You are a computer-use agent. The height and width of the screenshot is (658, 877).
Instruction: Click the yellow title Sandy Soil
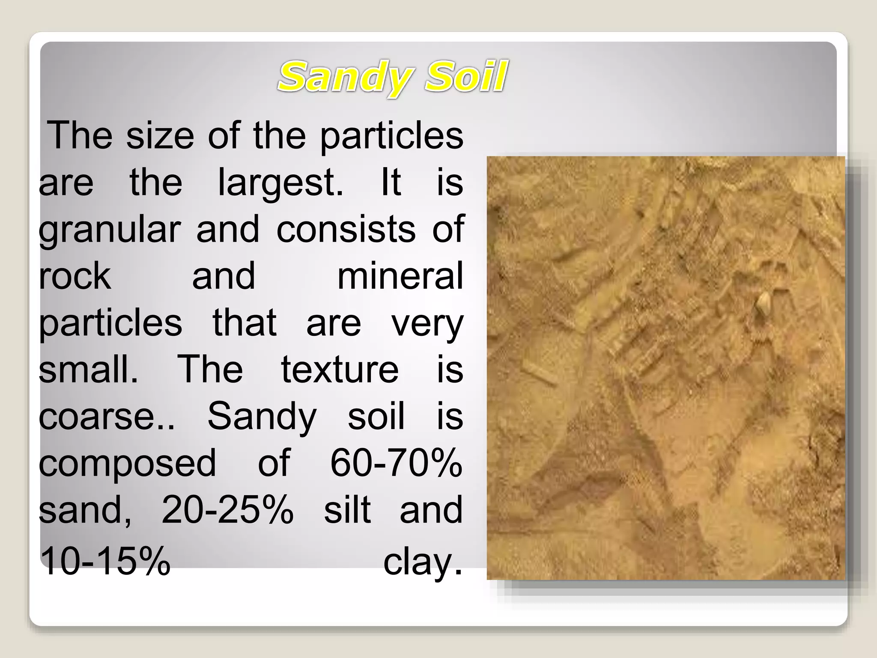pyautogui.click(x=392, y=78)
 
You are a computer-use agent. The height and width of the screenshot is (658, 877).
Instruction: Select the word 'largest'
pyautogui.click(x=280, y=182)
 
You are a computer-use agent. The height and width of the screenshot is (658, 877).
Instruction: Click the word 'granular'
pyautogui.click(x=110, y=230)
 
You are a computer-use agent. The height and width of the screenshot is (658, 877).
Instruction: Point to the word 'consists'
pyautogui.click(x=346, y=229)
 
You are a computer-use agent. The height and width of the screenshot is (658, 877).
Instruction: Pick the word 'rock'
pyautogui.click(x=75, y=276)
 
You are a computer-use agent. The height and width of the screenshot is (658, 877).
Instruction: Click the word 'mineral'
pyautogui.click(x=400, y=276)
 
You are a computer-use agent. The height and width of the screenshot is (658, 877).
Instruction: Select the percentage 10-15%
pyautogui.click(x=105, y=561)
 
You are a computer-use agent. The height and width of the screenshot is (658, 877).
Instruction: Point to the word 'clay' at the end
pyautogui.click(x=422, y=561)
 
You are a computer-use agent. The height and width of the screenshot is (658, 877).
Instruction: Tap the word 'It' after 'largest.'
pyautogui.click(x=391, y=182)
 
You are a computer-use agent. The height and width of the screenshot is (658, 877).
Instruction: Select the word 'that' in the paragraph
pyautogui.click(x=245, y=323)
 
